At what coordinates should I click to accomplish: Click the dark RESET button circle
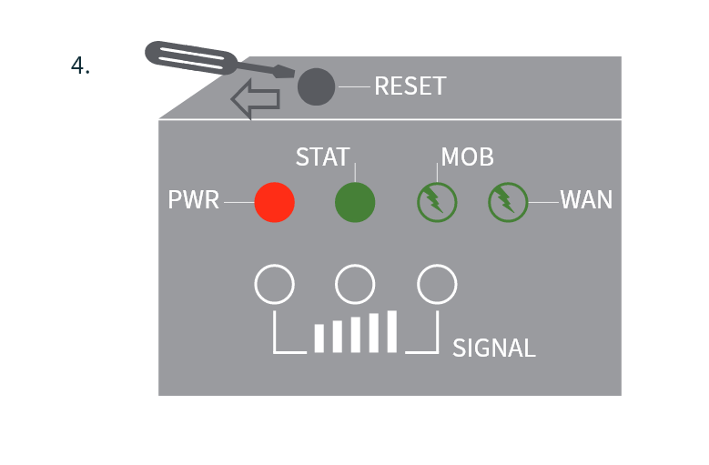coord(316,86)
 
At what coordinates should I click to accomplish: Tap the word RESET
coord(410,86)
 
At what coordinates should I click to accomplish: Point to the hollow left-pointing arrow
coord(256,99)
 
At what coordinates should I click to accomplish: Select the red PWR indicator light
coord(274,201)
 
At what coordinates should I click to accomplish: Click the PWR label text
coord(194,200)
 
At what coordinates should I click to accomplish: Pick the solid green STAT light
coord(355,201)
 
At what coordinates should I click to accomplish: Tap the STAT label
coord(322,157)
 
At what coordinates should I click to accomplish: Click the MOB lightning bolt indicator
coord(436,201)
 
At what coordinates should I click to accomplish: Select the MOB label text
coord(467,157)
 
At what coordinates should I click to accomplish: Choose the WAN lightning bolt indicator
coord(508,201)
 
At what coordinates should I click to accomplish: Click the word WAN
coord(586,200)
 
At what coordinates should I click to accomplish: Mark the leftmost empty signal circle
coord(274,285)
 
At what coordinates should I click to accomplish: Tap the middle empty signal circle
coord(355,285)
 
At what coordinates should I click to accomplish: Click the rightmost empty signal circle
coord(436,285)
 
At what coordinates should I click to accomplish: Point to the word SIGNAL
coord(493,348)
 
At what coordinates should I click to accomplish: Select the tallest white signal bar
coord(392,331)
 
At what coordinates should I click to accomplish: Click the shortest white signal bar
coord(319,338)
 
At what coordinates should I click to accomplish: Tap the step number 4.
coord(80,66)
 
